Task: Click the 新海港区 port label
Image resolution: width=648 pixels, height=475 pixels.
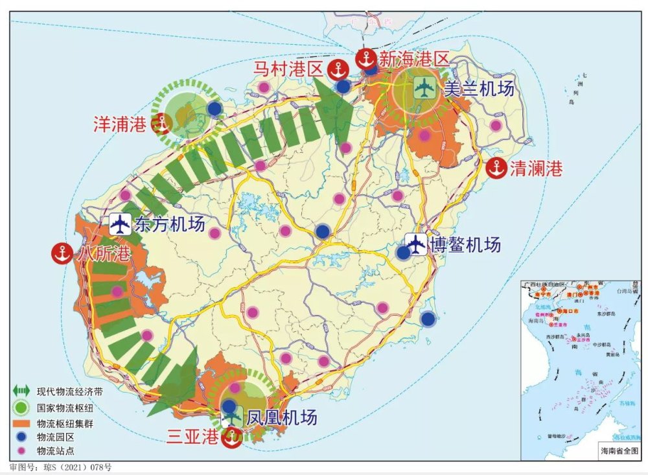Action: click(414, 60)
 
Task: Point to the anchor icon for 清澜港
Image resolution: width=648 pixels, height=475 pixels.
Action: click(496, 168)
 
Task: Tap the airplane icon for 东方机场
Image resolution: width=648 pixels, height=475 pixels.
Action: click(120, 224)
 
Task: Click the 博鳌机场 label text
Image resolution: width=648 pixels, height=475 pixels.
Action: click(463, 245)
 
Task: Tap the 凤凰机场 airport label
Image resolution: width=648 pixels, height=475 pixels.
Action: click(282, 418)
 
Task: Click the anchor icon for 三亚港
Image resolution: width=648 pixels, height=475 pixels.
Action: click(231, 437)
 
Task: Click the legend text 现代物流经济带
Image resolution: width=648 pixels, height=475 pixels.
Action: click(69, 391)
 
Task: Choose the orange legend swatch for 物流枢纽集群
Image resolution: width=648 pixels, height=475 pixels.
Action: click(21, 423)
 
